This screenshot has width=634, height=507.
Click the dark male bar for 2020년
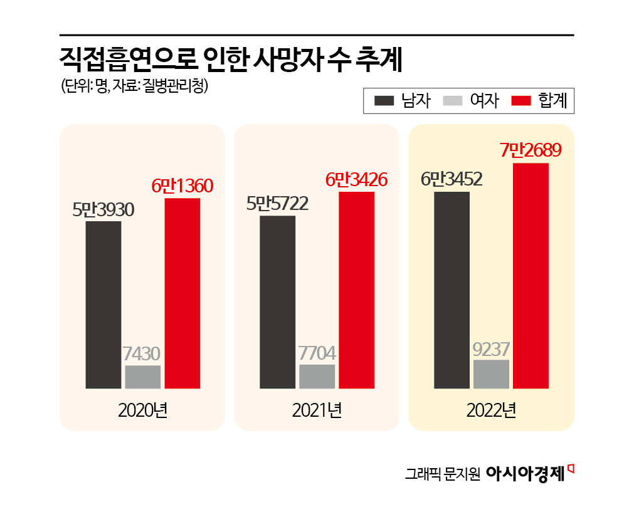tap(103, 305)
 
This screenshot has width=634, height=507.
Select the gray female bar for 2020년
tap(143, 376)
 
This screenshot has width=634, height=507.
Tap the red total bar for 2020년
tap(182, 293)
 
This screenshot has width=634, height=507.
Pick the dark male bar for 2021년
tap(277, 302)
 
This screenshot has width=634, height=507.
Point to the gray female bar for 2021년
tap(317, 376)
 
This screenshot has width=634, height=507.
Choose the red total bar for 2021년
tap(356, 290)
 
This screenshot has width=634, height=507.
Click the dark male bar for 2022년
tap(452, 290)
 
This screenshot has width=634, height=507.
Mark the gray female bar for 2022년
tap(491, 374)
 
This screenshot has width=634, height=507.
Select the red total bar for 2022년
tap(531, 276)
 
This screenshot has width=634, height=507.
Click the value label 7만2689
tap(531, 151)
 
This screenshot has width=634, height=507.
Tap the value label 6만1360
tap(182, 186)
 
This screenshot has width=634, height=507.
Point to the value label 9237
tap(491, 348)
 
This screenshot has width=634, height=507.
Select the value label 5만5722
tap(277, 204)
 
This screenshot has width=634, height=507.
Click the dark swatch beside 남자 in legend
tap(384, 101)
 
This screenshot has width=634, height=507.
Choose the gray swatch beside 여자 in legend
tap(452, 101)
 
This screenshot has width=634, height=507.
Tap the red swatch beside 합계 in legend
tap(522, 101)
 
